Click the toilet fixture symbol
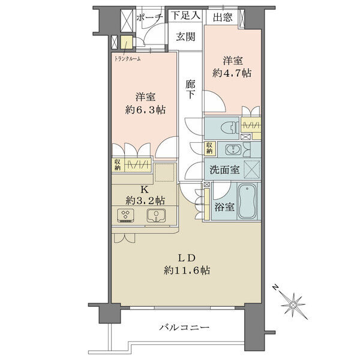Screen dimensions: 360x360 pyautogui.click(x=230, y=127)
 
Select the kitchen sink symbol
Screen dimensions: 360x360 pyautogui.click(x=156, y=216)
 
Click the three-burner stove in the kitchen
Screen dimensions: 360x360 pyautogui.click(x=125, y=215)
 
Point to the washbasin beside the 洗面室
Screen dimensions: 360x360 pyautogui.click(x=233, y=150)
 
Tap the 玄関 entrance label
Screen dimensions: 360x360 pyautogui.click(x=185, y=37)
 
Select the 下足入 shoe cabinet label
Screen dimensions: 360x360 pyautogui.click(x=185, y=16)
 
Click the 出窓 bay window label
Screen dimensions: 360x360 pyautogui.click(x=222, y=17)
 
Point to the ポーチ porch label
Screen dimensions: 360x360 pyautogui.click(x=149, y=17)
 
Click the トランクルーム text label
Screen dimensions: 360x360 pyautogui.click(x=127, y=59)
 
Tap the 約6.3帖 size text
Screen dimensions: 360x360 pyautogui.click(x=145, y=110)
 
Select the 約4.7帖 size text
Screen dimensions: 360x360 pyautogui.click(x=232, y=73)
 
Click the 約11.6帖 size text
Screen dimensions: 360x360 pyautogui.click(x=187, y=270)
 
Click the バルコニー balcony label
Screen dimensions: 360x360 pyautogui.click(x=184, y=327)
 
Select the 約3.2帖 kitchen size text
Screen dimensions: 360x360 pyautogui.click(x=145, y=200)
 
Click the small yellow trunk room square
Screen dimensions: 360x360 pyautogui.click(x=127, y=42)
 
